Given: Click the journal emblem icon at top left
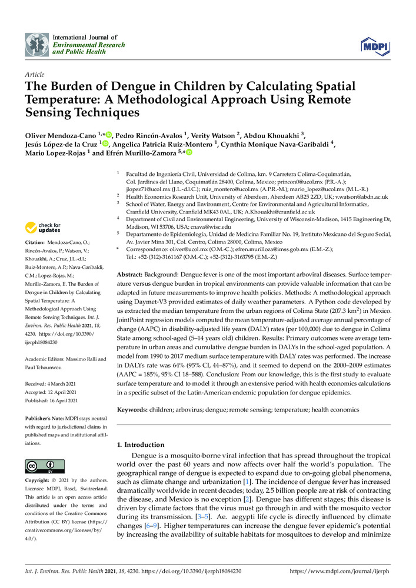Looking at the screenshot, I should [36, 44].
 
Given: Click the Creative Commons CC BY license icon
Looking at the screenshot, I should [41, 466].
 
